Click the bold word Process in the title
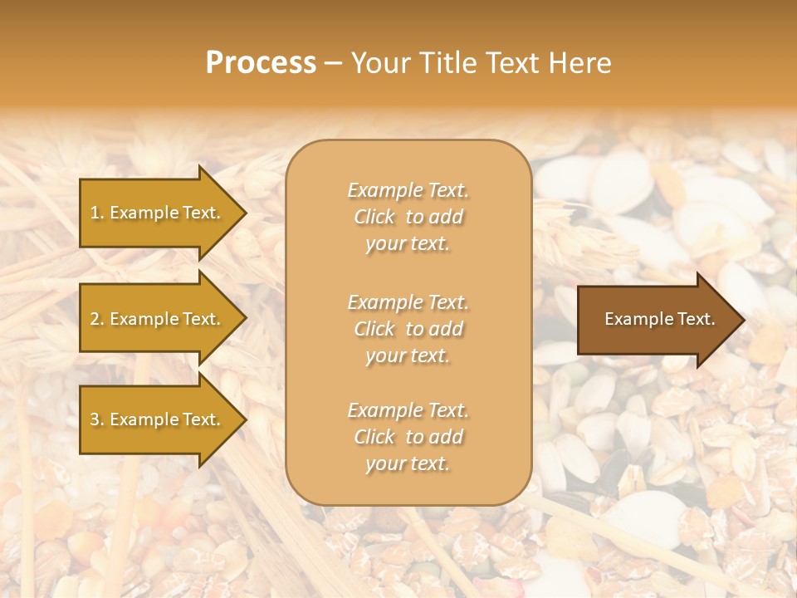[x=261, y=63]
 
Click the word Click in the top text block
[x=374, y=217]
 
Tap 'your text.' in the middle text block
[x=408, y=355]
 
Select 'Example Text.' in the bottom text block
[x=408, y=410]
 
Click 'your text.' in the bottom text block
[x=408, y=464]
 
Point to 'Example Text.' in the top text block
[x=408, y=190]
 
